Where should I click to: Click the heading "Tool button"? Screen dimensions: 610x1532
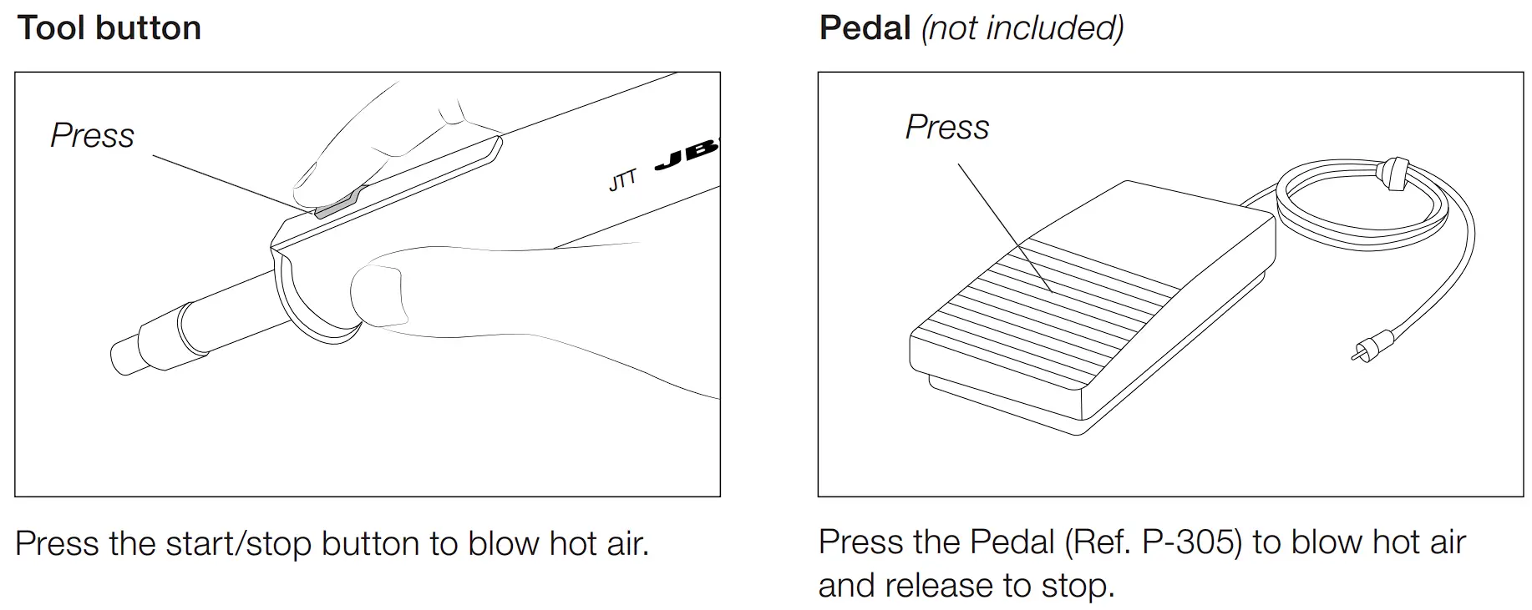109,28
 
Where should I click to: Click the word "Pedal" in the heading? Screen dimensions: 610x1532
865,28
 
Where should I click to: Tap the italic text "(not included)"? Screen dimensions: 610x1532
1022,28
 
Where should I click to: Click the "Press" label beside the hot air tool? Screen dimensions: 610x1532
92,135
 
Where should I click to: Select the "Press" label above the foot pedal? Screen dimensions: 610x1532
947,127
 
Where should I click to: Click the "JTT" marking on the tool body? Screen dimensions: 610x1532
622,179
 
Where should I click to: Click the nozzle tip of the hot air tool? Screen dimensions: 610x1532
125,355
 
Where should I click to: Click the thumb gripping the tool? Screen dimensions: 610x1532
380,296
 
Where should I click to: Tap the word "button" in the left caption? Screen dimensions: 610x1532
371,544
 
